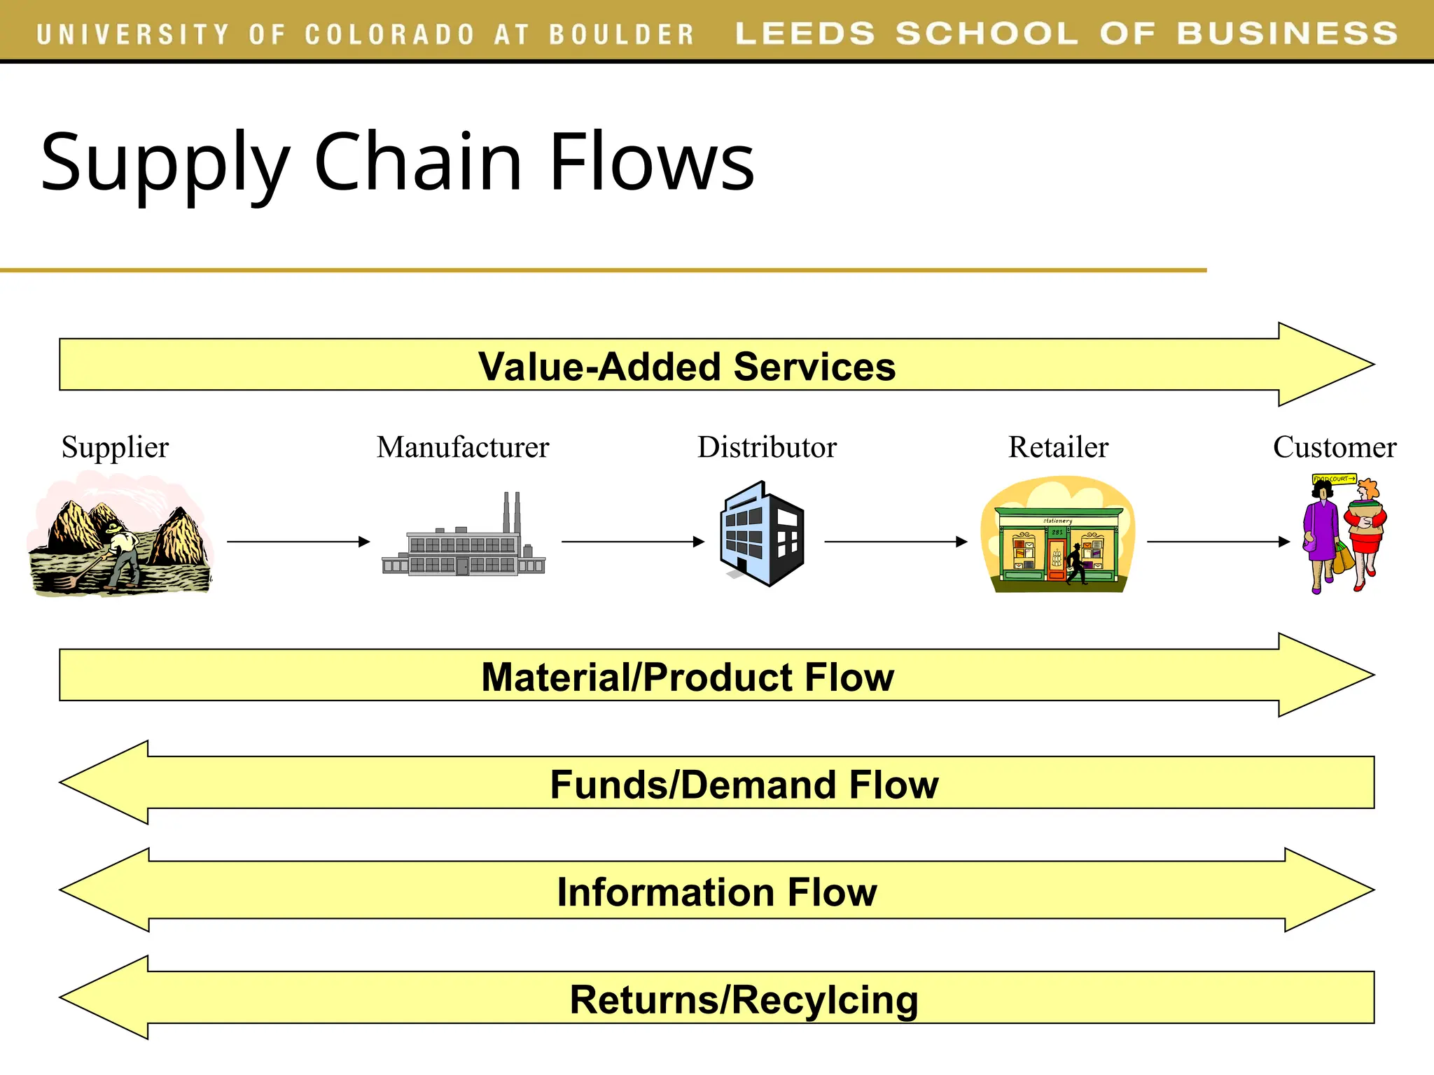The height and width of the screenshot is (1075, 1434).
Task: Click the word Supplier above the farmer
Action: (x=115, y=447)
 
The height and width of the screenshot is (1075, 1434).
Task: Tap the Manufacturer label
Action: (x=463, y=447)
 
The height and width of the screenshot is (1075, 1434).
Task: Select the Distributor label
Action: (x=767, y=447)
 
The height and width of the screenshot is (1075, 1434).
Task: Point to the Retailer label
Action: (x=1058, y=447)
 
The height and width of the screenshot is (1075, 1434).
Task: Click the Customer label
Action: (x=1334, y=447)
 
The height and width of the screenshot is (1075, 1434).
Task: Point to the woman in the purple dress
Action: (x=1321, y=535)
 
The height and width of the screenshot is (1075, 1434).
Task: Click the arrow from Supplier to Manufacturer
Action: (x=298, y=542)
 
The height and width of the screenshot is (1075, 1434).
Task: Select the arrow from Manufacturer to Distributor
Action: (x=633, y=542)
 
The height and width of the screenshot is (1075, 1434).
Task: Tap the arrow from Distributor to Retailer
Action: (x=896, y=542)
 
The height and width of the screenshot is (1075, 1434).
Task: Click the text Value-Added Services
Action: (x=686, y=367)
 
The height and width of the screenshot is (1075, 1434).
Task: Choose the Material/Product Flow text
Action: (x=688, y=677)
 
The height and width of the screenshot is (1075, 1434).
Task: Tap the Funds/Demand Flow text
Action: (x=744, y=785)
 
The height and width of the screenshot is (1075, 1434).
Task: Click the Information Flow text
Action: (x=717, y=892)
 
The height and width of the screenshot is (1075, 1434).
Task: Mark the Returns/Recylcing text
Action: (x=744, y=999)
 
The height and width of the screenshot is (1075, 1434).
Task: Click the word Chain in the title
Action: (x=418, y=162)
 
